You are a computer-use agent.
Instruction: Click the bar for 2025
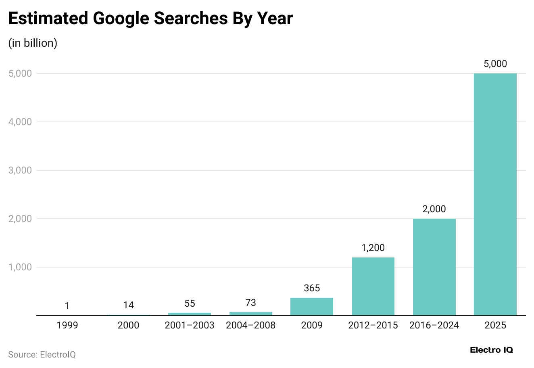pyautogui.click(x=495, y=194)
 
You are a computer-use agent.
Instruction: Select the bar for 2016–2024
pyautogui.click(x=434, y=267)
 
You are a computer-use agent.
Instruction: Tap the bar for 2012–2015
pyautogui.click(x=373, y=286)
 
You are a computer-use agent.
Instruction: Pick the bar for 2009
pyautogui.click(x=312, y=306)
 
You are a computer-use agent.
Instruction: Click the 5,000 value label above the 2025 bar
pyautogui.click(x=495, y=64)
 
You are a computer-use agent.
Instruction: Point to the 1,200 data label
pyautogui.click(x=373, y=248)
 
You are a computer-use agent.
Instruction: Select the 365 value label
pyautogui.click(x=312, y=288)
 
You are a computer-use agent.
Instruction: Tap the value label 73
pyautogui.click(x=250, y=303)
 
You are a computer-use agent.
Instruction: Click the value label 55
pyautogui.click(x=190, y=303)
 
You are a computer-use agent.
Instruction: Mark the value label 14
pyautogui.click(x=128, y=305)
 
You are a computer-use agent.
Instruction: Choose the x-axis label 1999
pyautogui.click(x=67, y=325)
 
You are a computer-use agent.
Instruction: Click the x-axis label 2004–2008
pyautogui.click(x=250, y=325)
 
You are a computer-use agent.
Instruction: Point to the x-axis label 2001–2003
pyautogui.click(x=190, y=325)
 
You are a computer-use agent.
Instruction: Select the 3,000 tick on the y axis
pyautogui.click(x=20, y=170)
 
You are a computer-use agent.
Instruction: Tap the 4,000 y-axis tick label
pyautogui.click(x=20, y=122)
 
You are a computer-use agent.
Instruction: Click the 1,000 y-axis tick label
pyautogui.click(x=20, y=267)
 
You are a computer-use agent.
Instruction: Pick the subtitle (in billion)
pyautogui.click(x=33, y=43)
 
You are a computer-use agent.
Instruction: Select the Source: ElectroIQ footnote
pyautogui.click(x=42, y=355)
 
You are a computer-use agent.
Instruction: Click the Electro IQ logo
pyautogui.click(x=491, y=350)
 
